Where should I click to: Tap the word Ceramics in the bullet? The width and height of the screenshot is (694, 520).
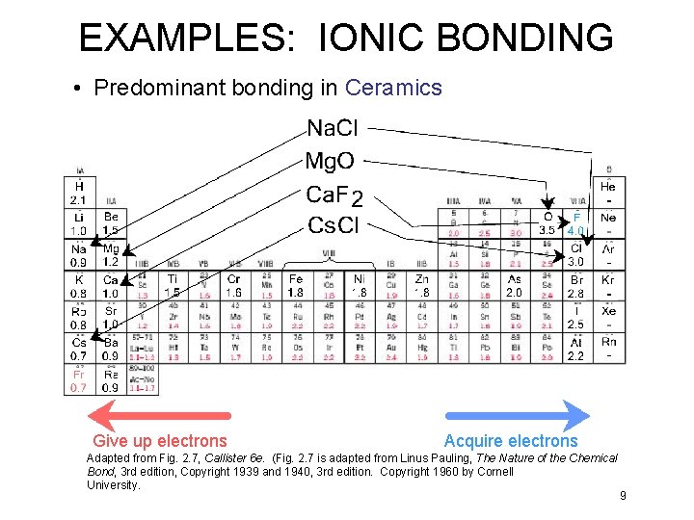393,89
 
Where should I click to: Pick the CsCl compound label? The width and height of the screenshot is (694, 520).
334,225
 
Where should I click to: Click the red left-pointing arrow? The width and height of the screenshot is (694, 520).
160,415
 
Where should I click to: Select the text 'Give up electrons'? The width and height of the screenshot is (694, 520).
160,441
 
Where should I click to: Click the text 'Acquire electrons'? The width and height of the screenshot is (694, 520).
511,441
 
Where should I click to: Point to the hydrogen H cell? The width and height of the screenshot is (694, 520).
78,192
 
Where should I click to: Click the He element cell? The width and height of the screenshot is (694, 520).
608,191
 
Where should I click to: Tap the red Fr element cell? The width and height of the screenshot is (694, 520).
78,380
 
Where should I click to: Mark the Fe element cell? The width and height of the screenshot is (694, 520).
296,285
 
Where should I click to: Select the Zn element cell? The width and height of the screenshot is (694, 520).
421,285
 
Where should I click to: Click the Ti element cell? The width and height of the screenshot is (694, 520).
172,285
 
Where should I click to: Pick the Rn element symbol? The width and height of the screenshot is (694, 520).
609,342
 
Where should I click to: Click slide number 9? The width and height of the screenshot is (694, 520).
623,496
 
